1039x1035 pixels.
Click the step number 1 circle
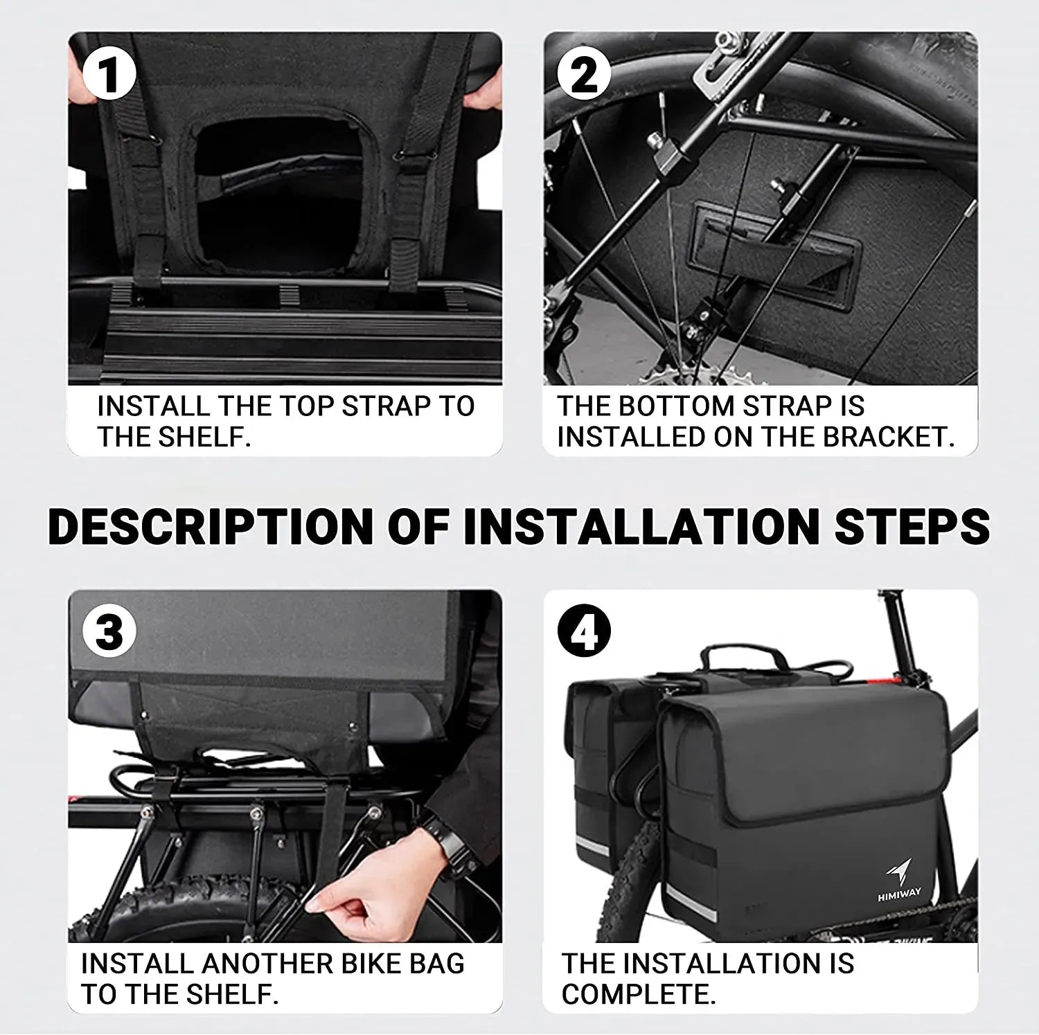coord(109,75)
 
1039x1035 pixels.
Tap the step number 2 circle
coord(584,75)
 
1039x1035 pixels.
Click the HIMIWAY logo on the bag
coord(899,879)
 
